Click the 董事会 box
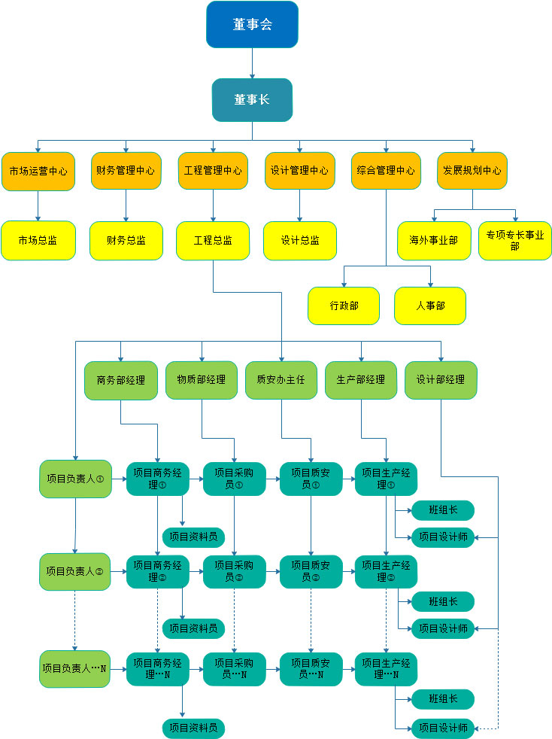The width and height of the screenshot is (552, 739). (x=252, y=24)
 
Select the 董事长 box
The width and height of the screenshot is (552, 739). (x=252, y=99)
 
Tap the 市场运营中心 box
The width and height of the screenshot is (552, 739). (x=38, y=171)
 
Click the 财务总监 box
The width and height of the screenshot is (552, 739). (x=126, y=241)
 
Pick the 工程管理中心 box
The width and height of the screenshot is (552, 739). (x=213, y=171)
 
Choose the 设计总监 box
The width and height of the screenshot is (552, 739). (x=300, y=241)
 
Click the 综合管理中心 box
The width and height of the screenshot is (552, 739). (x=386, y=171)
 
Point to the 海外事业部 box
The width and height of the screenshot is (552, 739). (x=433, y=241)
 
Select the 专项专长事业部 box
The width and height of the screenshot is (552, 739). (x=515, y=241)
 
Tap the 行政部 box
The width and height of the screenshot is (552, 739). (x=344, y=306)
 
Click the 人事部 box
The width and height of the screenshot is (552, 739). (x=430, y=306)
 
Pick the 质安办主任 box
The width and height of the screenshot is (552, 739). (x=281, y=380)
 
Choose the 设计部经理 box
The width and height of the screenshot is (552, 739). (x=441, y=380)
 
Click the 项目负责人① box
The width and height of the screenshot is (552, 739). (x=75, y=479)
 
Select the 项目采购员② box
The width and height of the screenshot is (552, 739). (x=234, y=572)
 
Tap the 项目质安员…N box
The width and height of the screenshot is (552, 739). (x=311, y=668)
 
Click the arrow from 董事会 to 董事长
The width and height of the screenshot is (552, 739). (x=252, y=63)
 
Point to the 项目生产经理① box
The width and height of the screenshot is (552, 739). (x=386, y=479)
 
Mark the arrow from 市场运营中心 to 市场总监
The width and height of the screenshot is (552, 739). (x=38, y=205)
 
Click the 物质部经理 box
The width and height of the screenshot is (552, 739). (x=202, y=380)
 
